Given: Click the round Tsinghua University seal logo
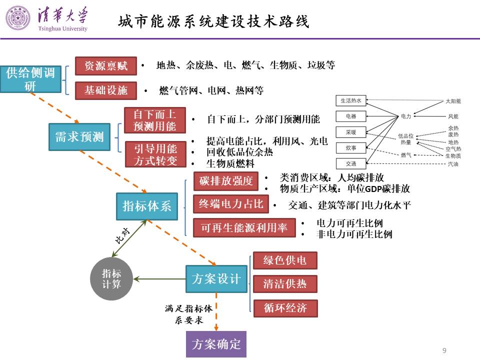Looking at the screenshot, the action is [x=18, y=18].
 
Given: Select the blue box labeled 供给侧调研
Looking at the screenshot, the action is [x=30, y=79].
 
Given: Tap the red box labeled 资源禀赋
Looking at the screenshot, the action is [x=106, y=66].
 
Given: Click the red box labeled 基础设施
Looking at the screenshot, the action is [x=106, y=90].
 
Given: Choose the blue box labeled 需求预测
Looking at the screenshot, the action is [x=79, y=137].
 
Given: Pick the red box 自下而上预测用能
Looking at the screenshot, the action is [x=155, y=120].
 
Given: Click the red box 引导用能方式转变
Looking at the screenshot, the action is [x=155, y=154].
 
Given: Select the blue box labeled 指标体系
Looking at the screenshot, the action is [x=147, y=206].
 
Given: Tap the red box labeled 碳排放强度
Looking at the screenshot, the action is [x=226, y=181].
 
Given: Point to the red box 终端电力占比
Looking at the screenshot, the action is [x=231, y=204].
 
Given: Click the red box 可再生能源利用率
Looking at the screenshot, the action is [x=244, y=227].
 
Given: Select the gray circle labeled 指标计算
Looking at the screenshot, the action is [x=111, y=279].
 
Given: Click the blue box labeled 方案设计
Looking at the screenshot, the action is [x=216, y=279].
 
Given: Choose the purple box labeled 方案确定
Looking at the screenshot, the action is [x=216, y=344].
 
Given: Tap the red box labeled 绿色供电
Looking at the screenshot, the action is [x=285, y=260].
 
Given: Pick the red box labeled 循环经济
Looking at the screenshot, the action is [x=285, y=308].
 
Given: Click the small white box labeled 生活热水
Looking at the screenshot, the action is [x=351, y=100].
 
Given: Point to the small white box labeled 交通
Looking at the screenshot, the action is [x=351, y=164].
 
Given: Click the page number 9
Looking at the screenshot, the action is [x=444, y=350].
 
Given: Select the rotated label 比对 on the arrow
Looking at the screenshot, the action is [x=122, y=236].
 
